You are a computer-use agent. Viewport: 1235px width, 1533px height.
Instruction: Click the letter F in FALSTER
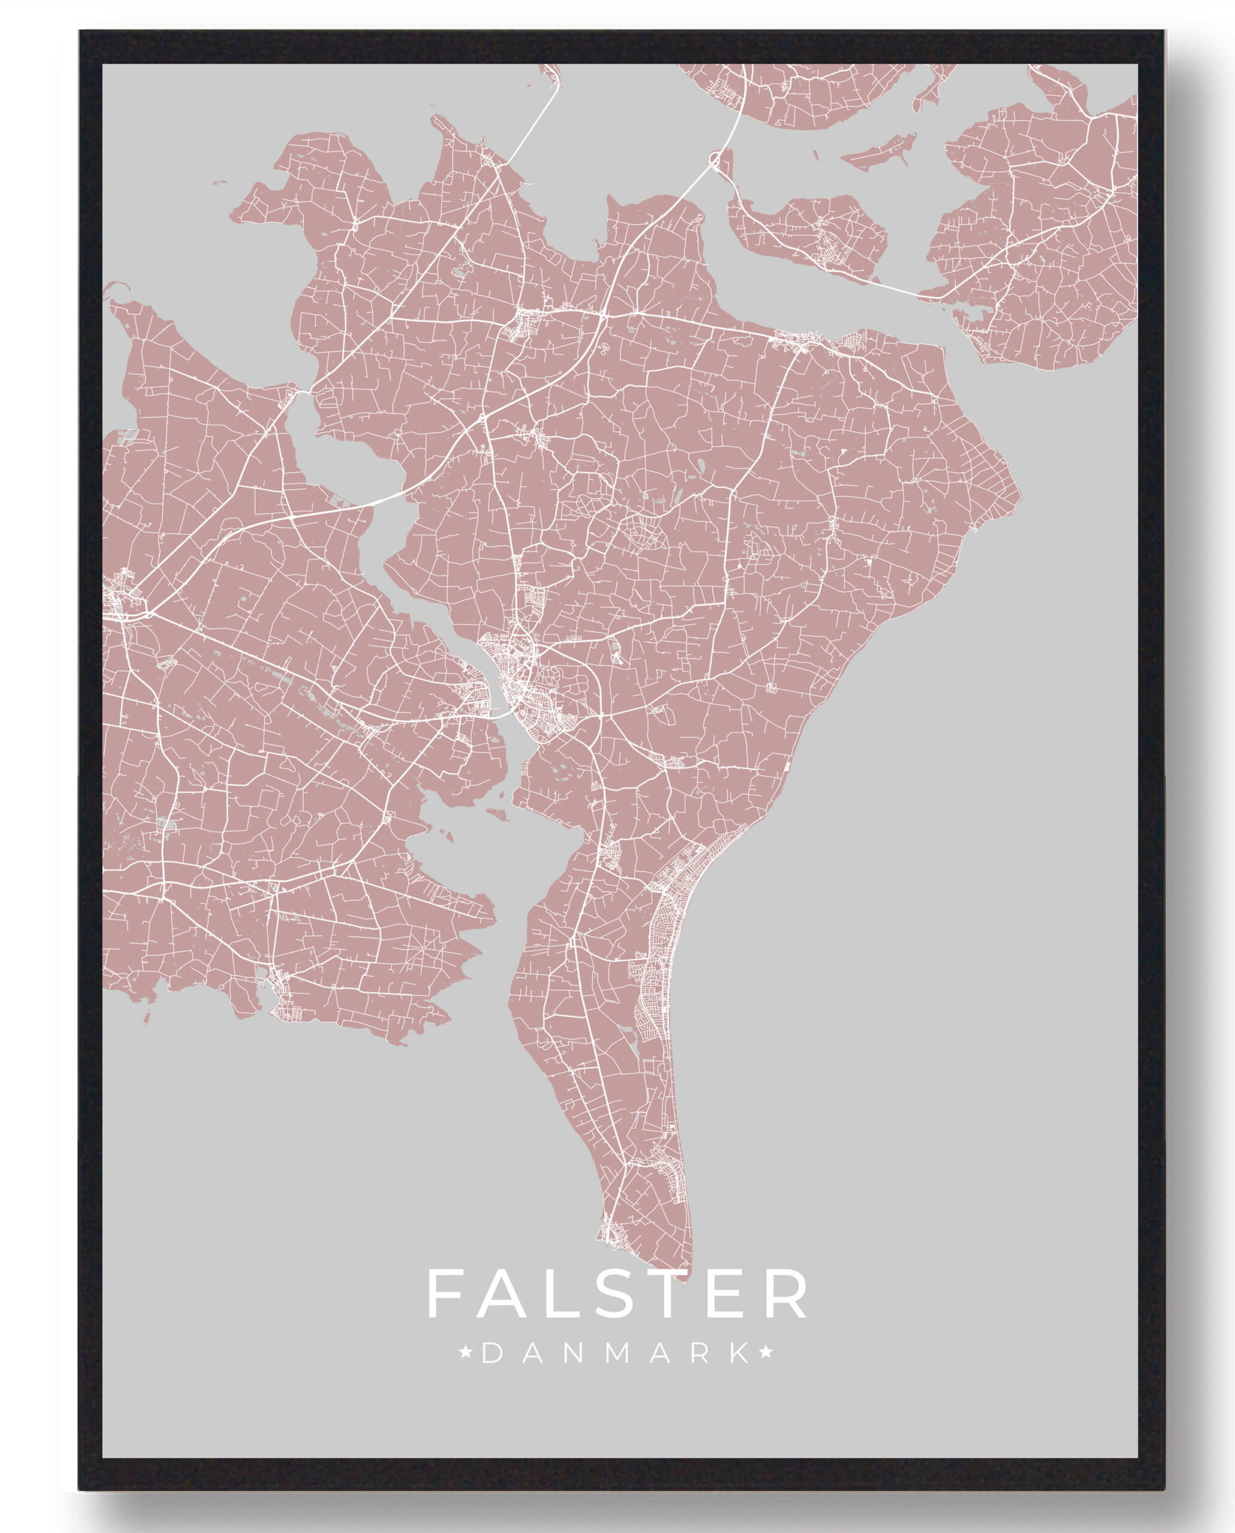445,1293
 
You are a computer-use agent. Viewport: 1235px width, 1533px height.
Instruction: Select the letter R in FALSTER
787,1293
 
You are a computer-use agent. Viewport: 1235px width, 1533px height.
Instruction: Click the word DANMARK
617,1354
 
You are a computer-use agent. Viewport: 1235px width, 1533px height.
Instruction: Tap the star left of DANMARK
467,1353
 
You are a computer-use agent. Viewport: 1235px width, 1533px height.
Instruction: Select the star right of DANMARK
766,1353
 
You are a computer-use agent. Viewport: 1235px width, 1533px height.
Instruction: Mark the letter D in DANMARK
491,1354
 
